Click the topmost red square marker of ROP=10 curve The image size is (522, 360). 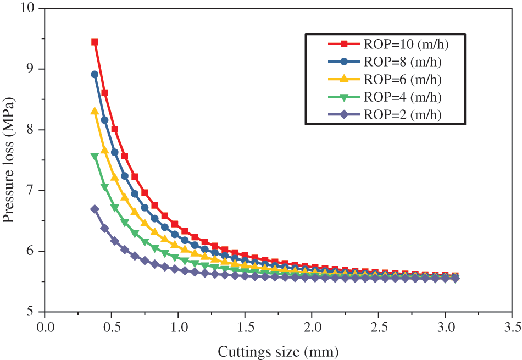pyautogui.click(x=95, y=42)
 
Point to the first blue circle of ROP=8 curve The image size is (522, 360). pyautogui.click(x=95, y=74)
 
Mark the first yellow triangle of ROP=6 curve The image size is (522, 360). pyautogui.click(x=95, y=110)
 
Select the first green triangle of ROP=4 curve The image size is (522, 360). pyautogui.click(x=95, y=156)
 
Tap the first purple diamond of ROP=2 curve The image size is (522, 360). pyautogui.click(x=95, y=209)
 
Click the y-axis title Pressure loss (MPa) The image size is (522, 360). pyautogui.click(x=9, y=160)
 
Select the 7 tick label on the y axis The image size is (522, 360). pyautogui.click(x=34, y=190)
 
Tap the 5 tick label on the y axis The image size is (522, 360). pyautogui.click(x=34, y=312)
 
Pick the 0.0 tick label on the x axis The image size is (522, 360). pyautogui.click(x=45, y=328)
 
